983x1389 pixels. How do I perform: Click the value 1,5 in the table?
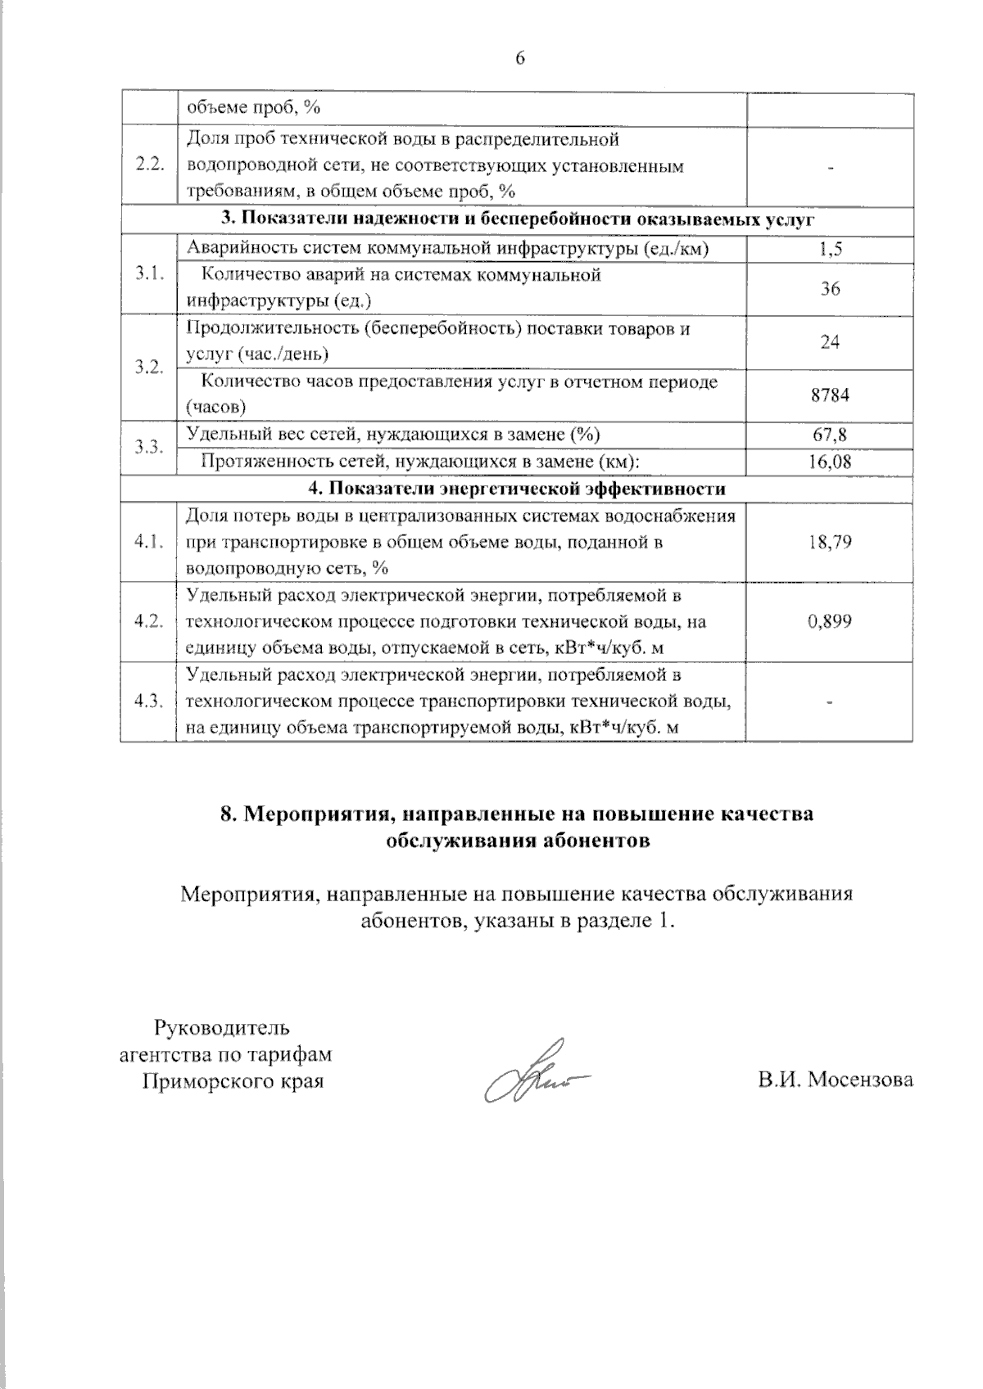click(830, 250)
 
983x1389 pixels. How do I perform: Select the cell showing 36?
click(830, 289)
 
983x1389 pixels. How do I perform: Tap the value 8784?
click(830, 395)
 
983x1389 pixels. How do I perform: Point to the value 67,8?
click(830, 435)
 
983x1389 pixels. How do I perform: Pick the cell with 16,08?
click(830, 462)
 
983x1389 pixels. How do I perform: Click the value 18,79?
click(830, 542)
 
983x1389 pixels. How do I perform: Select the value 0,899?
click(830, 621)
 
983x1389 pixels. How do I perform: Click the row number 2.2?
click(150, 165)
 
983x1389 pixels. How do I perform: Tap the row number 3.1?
click(150, 274)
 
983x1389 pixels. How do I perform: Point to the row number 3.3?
click(150, 448)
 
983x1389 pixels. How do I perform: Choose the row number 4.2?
click(150, 621)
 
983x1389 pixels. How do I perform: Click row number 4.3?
click(150, 701)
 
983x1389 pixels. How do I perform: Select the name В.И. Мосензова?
click(835, 1080)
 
